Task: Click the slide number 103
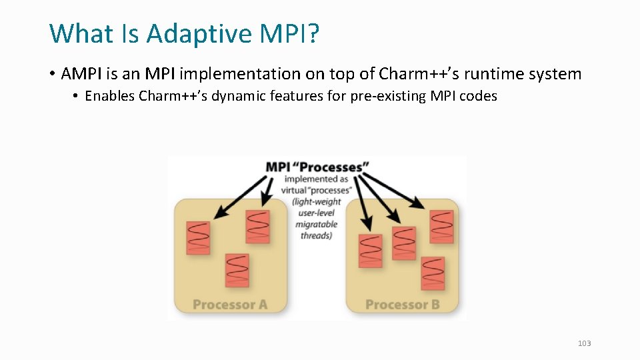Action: click(584, 343)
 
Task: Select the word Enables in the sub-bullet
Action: click(109, 96)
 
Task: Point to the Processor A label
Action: click(230, 305)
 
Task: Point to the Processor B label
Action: click(403, 305)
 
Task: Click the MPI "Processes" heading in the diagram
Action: click(317, 167)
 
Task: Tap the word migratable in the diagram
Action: click(317, 225)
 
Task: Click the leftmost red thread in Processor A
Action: click(198, 238)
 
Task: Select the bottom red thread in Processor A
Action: click(237, 270)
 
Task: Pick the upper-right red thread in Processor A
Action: click(257, 227)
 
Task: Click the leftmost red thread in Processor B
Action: click(371, 251)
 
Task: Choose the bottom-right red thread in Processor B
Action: click(433, 273)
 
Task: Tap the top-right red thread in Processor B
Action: click(441, 227)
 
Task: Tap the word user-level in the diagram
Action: click(316, 213)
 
